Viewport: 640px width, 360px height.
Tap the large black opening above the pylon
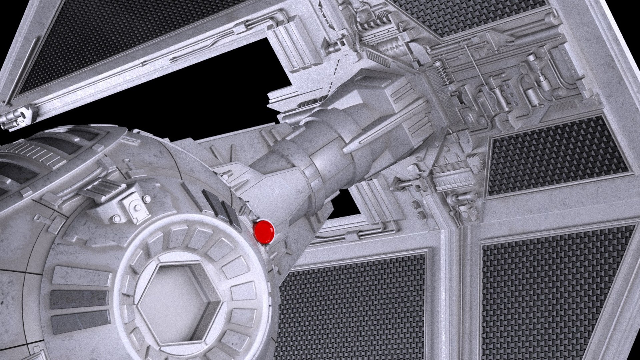point(213,93)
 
